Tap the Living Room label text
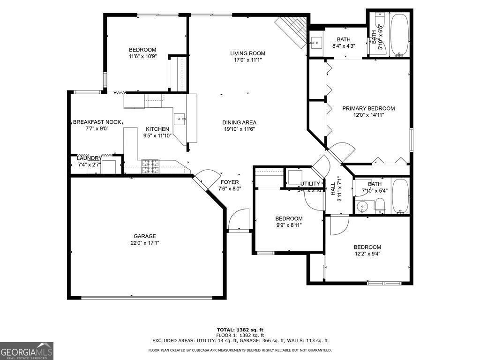[x=247, y=53]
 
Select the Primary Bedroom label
[x=368, y=108]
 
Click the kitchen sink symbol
[x=180, y=119]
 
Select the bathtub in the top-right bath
[x=399, y=35]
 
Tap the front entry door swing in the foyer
[x=240, y=220]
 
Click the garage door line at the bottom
[x=146, y=297]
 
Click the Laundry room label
[x=89, y=158]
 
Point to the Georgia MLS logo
[x=27, y=351]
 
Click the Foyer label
[x=230, y=182]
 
